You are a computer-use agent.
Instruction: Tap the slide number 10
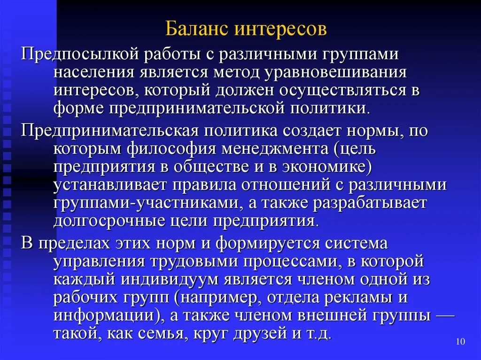click(x=460, y=342)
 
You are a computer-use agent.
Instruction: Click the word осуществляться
click(x=329, y=90)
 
